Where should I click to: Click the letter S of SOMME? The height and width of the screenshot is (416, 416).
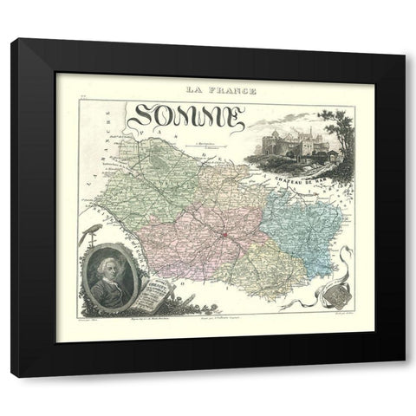tap(143, 116)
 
